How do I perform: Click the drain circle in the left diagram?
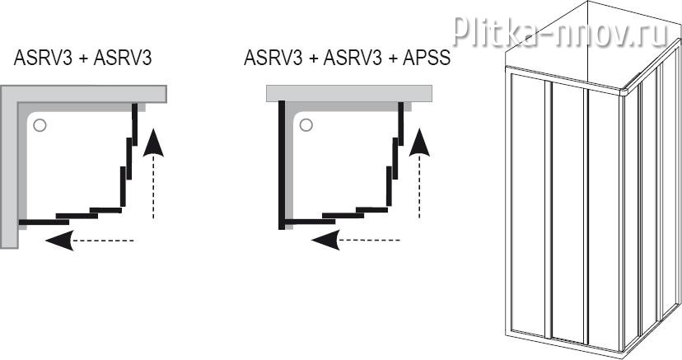pyautogui.click(x=41, y=125)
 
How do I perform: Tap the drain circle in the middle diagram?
pyautogui.click(x=306, y=125)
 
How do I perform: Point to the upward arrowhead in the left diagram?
pyautogui.click(x=153, y=143)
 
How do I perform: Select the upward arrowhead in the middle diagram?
pyautogui.click(x=420, y=143)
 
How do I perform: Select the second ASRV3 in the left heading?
pyautogui.click(x=123, y=59)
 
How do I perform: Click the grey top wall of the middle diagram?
pyautogui.click(x=346, y=92)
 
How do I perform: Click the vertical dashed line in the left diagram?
pyautogui.click(x=153, y=189)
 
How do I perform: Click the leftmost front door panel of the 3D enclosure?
pyautogui.click(x=527, y=206)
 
